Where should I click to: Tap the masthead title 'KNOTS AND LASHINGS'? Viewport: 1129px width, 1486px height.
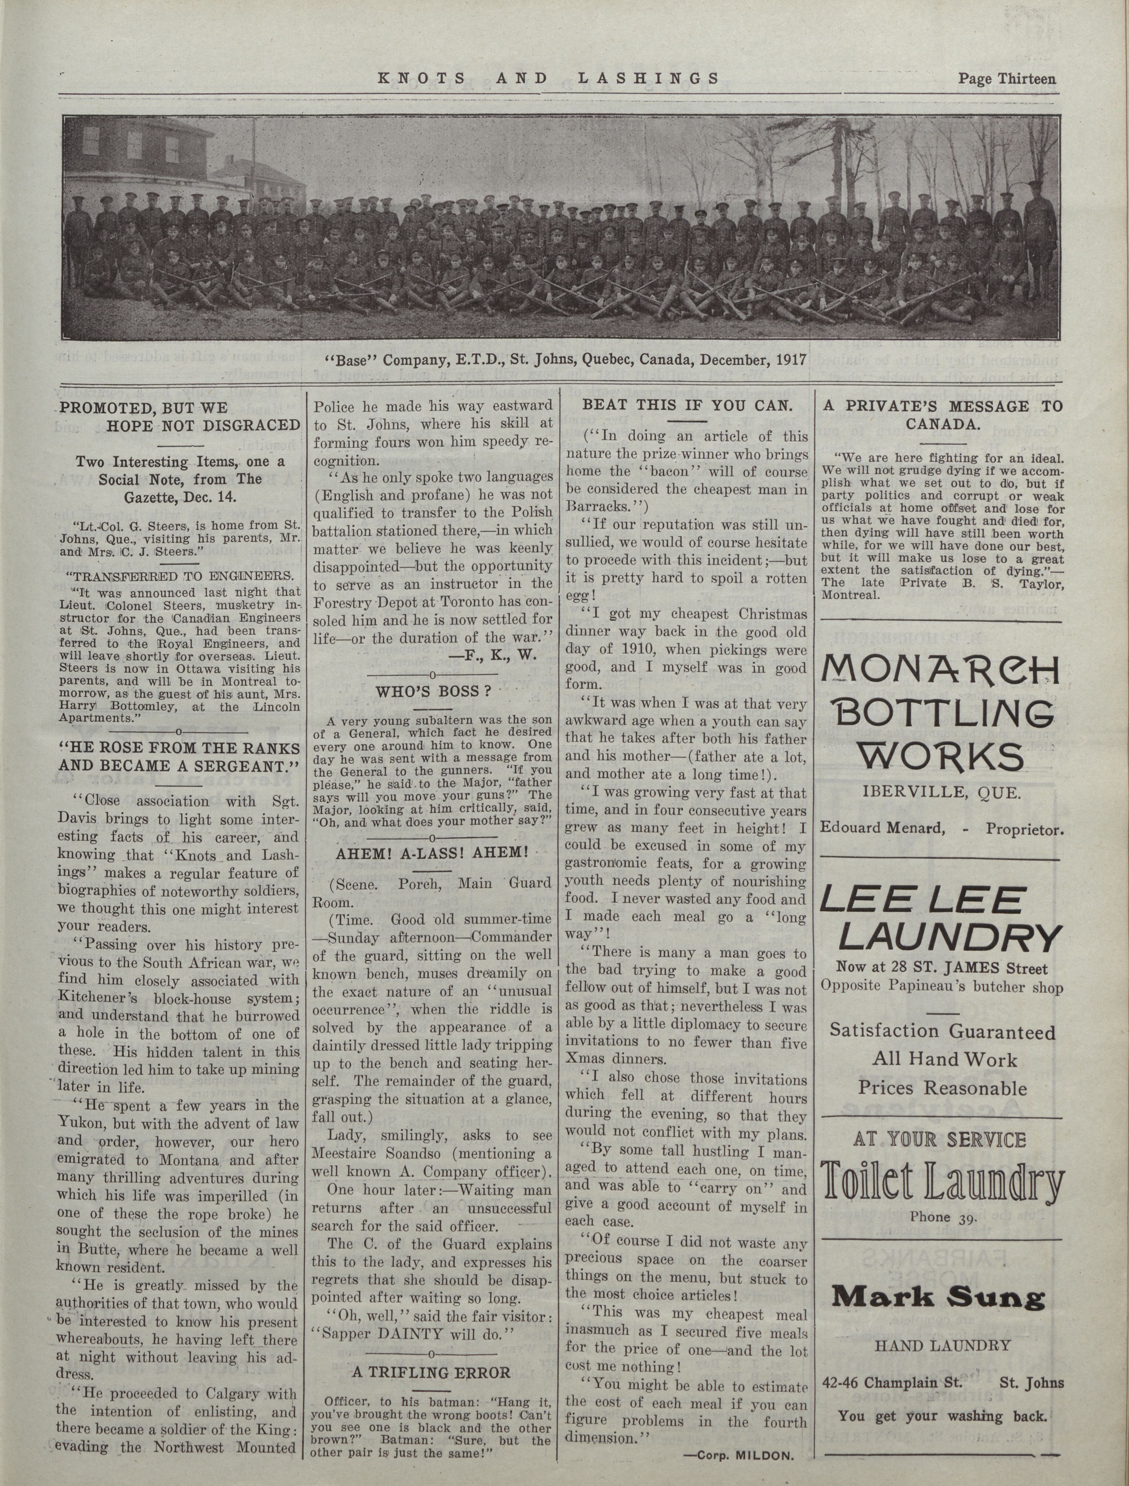coord(549,78)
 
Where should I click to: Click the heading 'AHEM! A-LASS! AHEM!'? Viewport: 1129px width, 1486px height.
coord(431,852)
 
